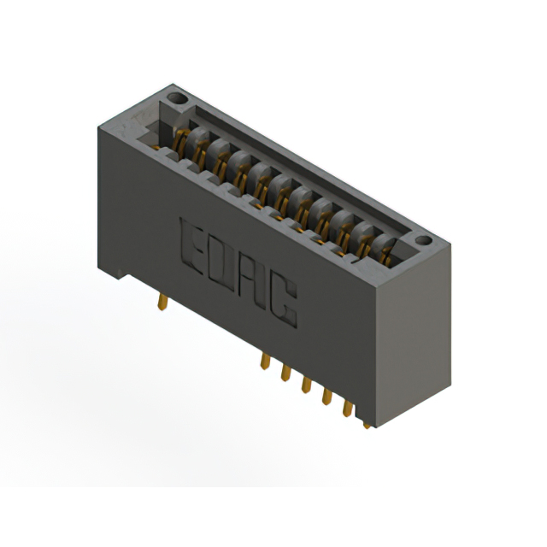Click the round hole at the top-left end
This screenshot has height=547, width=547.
coord(177,101)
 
